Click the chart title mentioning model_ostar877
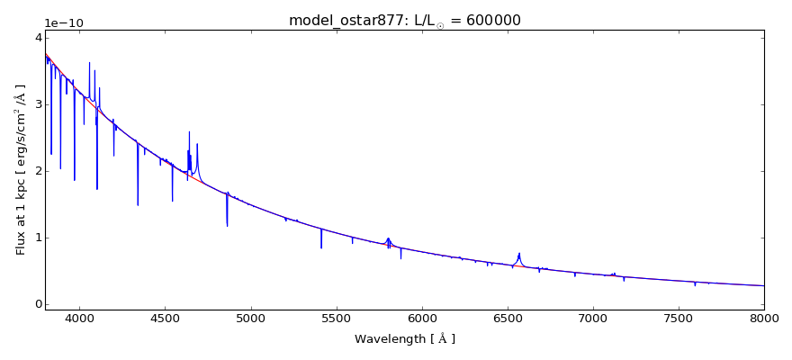pos(404,21)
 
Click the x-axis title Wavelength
pos(404,339)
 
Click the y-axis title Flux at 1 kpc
pos(21,169)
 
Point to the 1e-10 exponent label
pos(64,23)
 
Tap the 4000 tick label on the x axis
pos(79,318)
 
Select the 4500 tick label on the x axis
pos(165,318)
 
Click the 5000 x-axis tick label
pos(250,318)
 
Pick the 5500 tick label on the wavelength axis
pos(336,318)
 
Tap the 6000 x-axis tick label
pos(421,318)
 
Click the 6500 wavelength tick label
pos(507,318)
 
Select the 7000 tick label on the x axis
pos(593,318)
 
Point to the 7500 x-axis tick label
pos(679,318)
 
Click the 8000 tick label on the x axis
pos(764,318)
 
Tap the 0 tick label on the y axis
pos(37,304)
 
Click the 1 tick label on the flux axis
pos(37,238)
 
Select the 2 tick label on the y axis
pos(37,171)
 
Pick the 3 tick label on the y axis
pos(37,104)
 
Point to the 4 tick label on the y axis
pos(37,38)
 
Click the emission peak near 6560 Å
pos(519,254)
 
